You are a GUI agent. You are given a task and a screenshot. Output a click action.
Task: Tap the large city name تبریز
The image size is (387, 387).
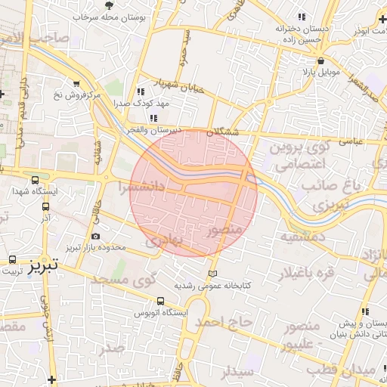pyautogui.click(x=44, y=265)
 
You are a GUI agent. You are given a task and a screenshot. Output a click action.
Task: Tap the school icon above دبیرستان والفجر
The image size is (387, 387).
pyautogui.click(x=154, y=118)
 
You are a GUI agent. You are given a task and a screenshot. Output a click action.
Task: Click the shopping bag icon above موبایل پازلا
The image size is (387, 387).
pyautogui.click(x=321, y=61)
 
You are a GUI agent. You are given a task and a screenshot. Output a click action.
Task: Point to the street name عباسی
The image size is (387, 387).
pyautogui.click(x=351, y=140)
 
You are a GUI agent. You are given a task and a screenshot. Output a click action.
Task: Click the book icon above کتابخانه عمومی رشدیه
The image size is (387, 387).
pyautogui.click(x=212, y=273)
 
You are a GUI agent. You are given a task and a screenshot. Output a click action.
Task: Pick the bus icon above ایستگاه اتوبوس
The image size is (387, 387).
pyautogui.click(x=159, y=301)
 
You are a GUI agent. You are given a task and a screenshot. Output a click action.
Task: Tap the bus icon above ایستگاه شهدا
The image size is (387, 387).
pyautogui.click(x=36, y=180)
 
